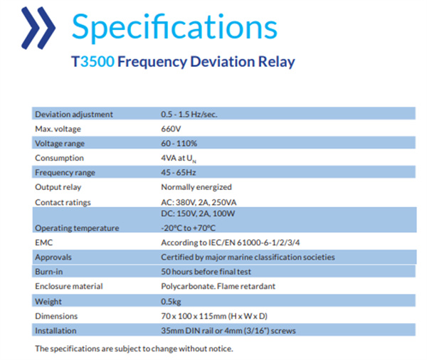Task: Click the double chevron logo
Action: (38, 28)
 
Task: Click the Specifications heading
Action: (174, 27)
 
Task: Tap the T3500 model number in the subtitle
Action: (93, 61)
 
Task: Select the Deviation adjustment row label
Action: (74, 115)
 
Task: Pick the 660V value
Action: (171, 129)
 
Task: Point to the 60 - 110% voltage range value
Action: (179, 143)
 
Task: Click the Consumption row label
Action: (59, 158)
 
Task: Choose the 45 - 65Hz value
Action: (179, 172)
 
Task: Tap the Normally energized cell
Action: (196, 187)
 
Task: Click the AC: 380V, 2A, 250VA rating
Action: (199, 202)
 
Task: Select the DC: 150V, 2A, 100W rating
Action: (198, 213)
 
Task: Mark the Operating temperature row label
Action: (77, 228)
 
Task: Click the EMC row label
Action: (43, 243)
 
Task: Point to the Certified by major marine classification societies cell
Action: (248, 258)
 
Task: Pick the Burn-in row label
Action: (48, 272)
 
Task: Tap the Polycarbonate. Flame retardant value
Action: (218, 286)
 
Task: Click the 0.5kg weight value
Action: (171, 302)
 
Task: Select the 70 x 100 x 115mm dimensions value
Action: (214, 316)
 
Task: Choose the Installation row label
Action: (56, 331)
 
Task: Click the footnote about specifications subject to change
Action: (134, 349)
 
